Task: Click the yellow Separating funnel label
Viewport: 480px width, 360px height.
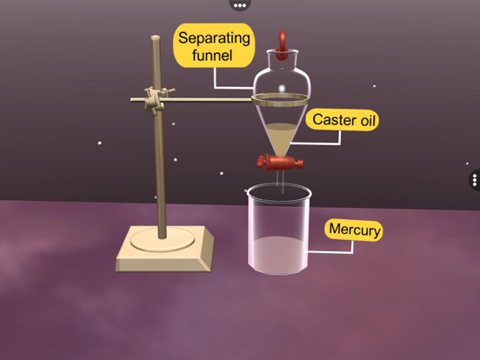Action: pos(214,45)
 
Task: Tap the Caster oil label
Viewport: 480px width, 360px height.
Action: pos(343,120)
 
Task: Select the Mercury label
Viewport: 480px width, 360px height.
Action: pos(354,230)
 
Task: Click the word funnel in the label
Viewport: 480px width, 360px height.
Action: pos(212,55)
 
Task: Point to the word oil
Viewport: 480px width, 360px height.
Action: pos(368,121)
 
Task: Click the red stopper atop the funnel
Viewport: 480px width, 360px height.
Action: pos(282,45)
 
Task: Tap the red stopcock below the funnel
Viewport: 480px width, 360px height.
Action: pos(280,163)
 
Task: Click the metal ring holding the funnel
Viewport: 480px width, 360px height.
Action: pos(280,100)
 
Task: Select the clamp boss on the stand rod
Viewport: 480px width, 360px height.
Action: pos(156,99)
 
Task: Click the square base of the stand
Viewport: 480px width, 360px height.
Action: pos(164,249)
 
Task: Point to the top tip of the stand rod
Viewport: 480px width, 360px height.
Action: pos(156,37)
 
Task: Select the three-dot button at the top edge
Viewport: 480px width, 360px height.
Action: pos(240,4)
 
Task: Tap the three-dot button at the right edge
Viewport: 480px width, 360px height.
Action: pos(475,180)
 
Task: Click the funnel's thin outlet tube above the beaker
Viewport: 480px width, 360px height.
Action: pos(280,182)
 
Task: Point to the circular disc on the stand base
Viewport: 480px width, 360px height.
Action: pos(163,239)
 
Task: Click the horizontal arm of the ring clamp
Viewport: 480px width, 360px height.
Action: pos(191,99)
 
